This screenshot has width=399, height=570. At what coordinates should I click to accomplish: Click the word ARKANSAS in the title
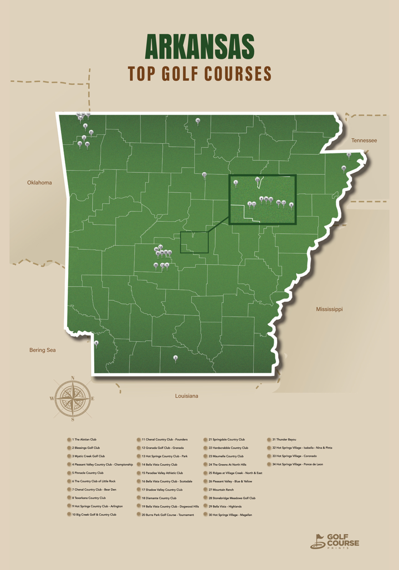click(199, 46)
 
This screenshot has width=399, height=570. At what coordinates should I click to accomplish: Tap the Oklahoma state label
click(39, 182)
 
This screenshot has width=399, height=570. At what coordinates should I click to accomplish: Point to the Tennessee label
click(364, 141)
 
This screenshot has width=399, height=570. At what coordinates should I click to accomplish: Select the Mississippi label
click(329, 309)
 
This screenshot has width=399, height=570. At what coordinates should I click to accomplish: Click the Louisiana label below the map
click(187, 396)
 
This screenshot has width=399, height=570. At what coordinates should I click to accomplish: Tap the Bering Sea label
click(43, 350)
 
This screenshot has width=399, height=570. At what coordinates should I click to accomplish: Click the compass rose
click(73, 397)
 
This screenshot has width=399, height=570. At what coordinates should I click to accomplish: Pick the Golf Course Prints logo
click(334, 541)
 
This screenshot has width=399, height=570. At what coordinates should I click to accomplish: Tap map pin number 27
click(204, 174)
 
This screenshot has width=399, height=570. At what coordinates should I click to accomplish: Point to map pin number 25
click(344, 168)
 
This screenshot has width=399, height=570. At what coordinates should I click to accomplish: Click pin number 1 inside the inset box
click(236, 182)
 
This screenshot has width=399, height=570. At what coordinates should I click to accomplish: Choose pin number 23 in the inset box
click(257, 180)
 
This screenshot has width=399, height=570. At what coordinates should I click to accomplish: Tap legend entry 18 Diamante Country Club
click(159, 498)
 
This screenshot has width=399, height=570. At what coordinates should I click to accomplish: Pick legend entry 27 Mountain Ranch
click(222, 490)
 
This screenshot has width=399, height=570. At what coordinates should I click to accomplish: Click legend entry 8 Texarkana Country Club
click(89, 498)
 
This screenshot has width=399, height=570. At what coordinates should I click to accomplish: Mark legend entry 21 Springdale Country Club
click(227, 439)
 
